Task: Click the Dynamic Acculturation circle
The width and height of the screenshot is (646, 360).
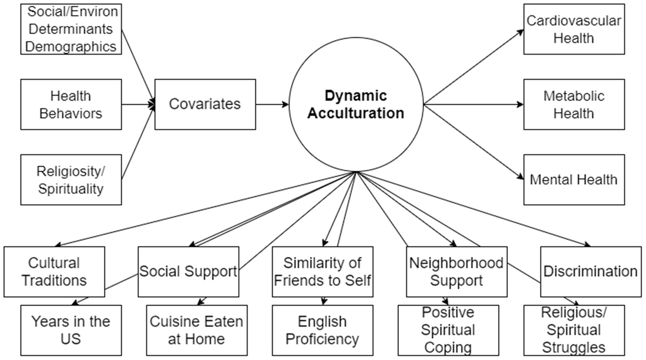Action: pos(356,104)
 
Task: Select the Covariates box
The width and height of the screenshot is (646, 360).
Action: pos(205,104)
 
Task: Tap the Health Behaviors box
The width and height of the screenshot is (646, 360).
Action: pos(71,104)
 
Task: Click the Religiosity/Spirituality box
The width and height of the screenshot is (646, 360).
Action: pos(71,180)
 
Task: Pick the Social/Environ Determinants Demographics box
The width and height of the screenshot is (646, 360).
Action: pos(71,29)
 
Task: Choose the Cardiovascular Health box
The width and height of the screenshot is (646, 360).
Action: pos(574,29)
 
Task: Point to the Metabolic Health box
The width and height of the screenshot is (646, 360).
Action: pos(574,104)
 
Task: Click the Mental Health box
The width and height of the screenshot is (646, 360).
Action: pos(574,180)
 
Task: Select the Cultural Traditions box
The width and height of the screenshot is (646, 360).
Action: pos(54,272)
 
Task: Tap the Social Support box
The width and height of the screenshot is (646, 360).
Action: pos(188,272)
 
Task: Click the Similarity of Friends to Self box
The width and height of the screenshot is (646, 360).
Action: pos(322,272)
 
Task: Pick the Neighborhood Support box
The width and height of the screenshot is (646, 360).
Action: pos(456,272)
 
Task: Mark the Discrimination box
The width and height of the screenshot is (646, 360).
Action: pos(590,272)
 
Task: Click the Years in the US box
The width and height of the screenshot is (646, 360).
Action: pos(71,331)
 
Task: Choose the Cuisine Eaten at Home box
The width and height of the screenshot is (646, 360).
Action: pos(197,331)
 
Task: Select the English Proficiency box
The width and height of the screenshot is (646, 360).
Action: pos(322,331)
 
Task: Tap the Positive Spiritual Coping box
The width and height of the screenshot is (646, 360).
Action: pos(448,331)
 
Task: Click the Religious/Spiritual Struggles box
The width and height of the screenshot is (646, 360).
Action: pos(574,331)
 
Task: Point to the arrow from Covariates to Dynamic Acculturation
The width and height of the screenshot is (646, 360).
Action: pos(272,104)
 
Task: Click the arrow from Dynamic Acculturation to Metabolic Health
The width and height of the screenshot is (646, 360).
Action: pos(473,104)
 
